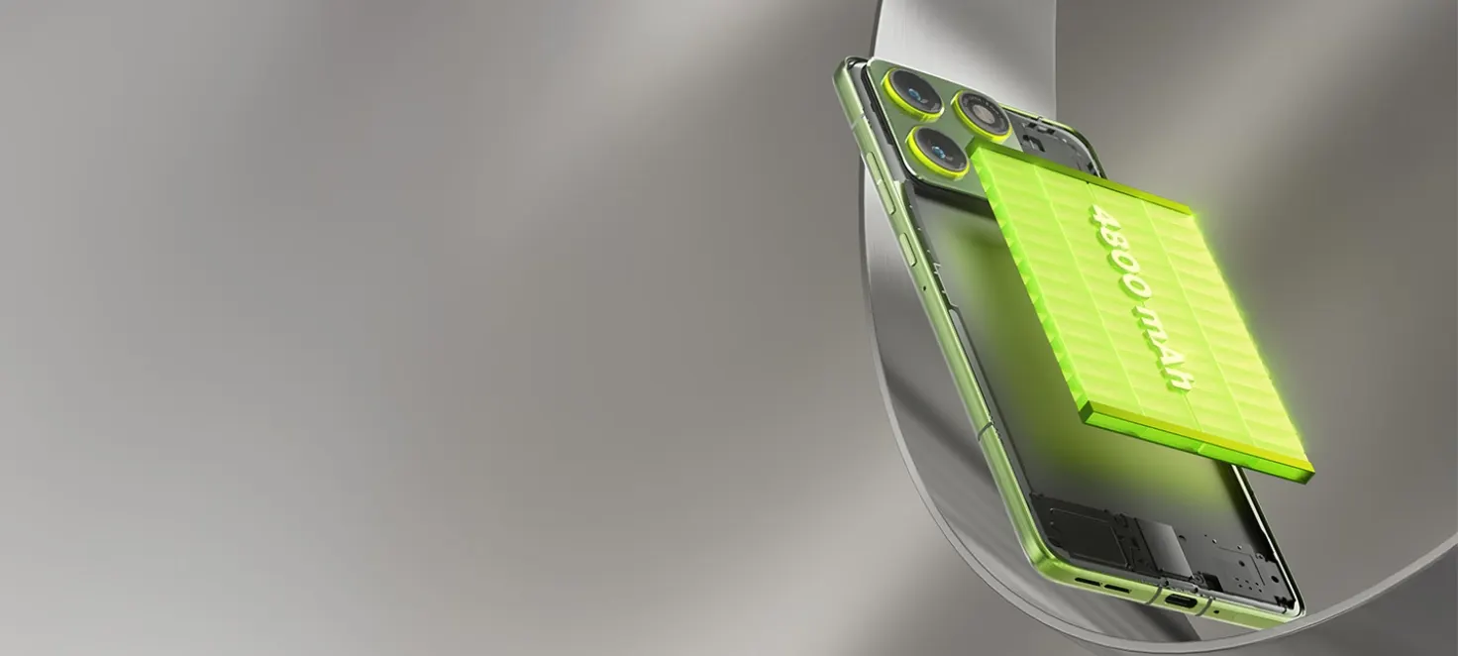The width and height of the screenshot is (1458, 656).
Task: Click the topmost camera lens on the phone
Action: tap(913, 93)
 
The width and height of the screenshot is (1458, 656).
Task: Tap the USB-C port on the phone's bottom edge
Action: tap(1181, 600)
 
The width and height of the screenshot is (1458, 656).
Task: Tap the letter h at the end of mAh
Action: tap(1181, 381)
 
